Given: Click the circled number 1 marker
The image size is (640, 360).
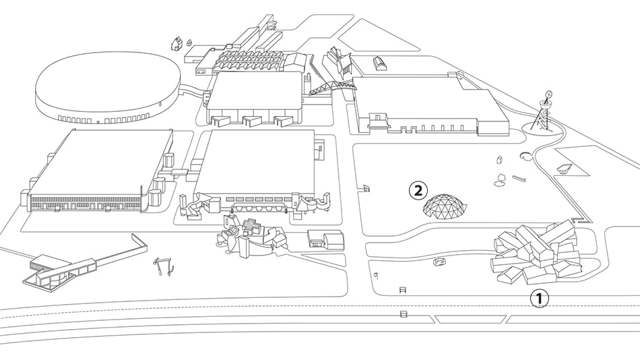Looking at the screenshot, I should [540, 297].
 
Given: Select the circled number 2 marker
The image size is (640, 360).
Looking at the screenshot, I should [418, 191].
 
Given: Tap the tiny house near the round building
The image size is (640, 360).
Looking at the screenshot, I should [177, 43].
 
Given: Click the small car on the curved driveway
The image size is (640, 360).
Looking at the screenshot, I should [441, 262].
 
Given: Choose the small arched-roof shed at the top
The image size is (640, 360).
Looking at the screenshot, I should [380, 63].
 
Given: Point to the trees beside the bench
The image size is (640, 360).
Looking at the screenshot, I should [500, 180].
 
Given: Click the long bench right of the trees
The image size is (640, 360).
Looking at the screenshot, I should [519, 178].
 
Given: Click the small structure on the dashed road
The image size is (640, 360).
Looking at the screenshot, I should [403, 313].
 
